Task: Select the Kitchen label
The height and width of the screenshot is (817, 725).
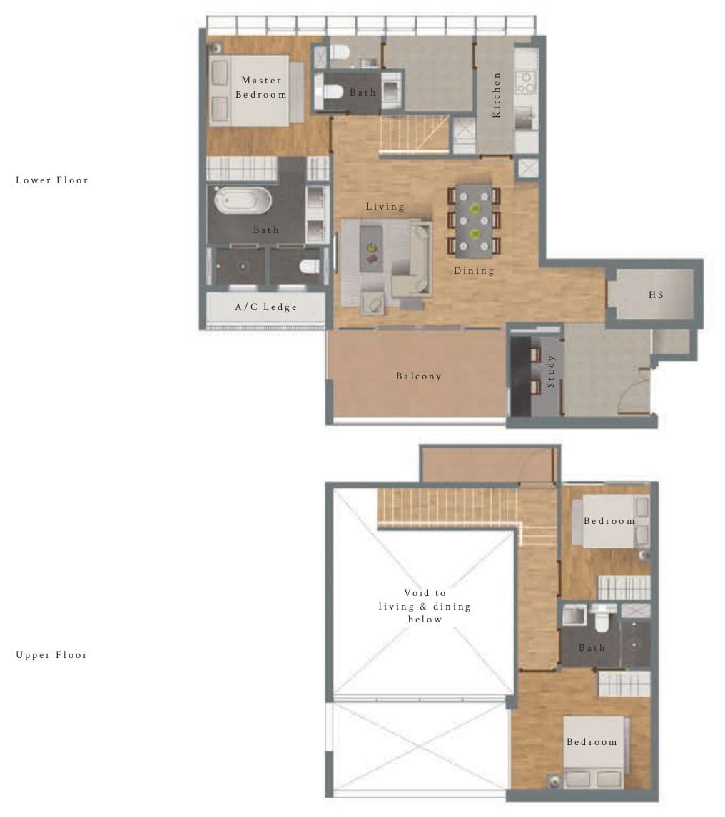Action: coord(497,94)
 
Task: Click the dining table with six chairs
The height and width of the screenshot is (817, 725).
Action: coord(475,220)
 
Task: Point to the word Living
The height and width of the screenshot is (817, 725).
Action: coord(385,207)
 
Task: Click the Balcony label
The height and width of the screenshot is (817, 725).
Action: coord(419,376)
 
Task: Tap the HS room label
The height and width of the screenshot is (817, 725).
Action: coord(656,294)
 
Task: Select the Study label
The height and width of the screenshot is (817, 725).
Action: coord(550,371)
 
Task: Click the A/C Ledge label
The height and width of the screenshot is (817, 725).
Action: coord(265,307)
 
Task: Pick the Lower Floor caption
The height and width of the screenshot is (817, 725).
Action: coord(52,180)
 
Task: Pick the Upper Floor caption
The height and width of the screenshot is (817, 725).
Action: coord(52,655)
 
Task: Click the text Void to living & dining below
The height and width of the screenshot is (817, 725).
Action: coord(425,606)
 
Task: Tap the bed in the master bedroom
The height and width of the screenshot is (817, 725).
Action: coord(250,91)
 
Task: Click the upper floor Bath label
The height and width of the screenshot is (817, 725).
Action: coord(592,648)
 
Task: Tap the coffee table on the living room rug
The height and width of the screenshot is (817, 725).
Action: coord(371,247)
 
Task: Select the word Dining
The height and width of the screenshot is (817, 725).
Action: coord(474,271)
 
